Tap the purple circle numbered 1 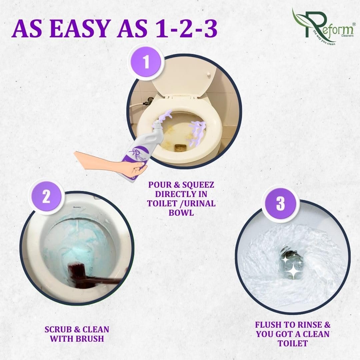point(146,62)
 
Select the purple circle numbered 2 point(46,197)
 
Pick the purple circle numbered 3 point(280,203)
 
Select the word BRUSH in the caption point(90,339)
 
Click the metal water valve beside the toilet point(149,100)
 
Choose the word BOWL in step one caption point(181,213)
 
